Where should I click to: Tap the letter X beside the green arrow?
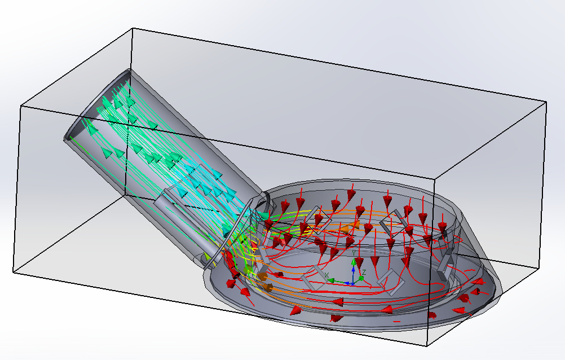327,275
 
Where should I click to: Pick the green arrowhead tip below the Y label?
354,262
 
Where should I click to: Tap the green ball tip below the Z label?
361,278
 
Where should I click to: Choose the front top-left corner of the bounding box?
21,105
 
